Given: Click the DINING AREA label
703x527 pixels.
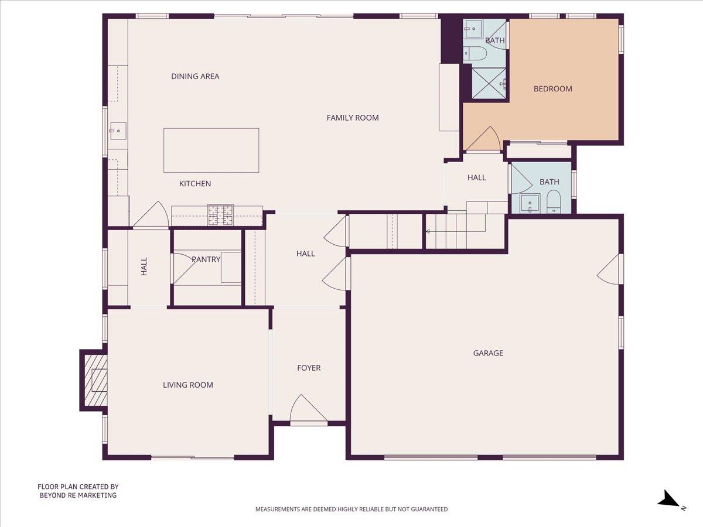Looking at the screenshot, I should click(x=195, y=76).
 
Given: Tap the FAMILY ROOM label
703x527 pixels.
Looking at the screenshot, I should click(x=353, y=118).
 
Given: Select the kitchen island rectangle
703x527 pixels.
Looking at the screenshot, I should click(x=211, y=150).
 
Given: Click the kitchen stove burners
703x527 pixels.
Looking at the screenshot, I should click(x=220, y=215).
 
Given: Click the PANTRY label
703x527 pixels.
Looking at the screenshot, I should click(x=206, y=259).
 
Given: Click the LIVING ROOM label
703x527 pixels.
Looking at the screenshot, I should click(x=188, y=385).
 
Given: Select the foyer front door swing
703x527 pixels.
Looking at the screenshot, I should click(x=308, y=409).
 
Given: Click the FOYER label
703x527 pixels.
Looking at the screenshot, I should click(x=309, y=368).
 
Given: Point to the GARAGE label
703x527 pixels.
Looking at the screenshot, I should click(x=488, y=353).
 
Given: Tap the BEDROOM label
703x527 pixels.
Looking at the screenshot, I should click(x=552, y=89).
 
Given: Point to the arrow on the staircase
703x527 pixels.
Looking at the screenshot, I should click(x=429, y=231).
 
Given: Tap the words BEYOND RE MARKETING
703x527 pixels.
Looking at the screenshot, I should click(x=78, y=495).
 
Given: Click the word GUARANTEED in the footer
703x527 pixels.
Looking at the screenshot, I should click(x=426, y=509).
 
